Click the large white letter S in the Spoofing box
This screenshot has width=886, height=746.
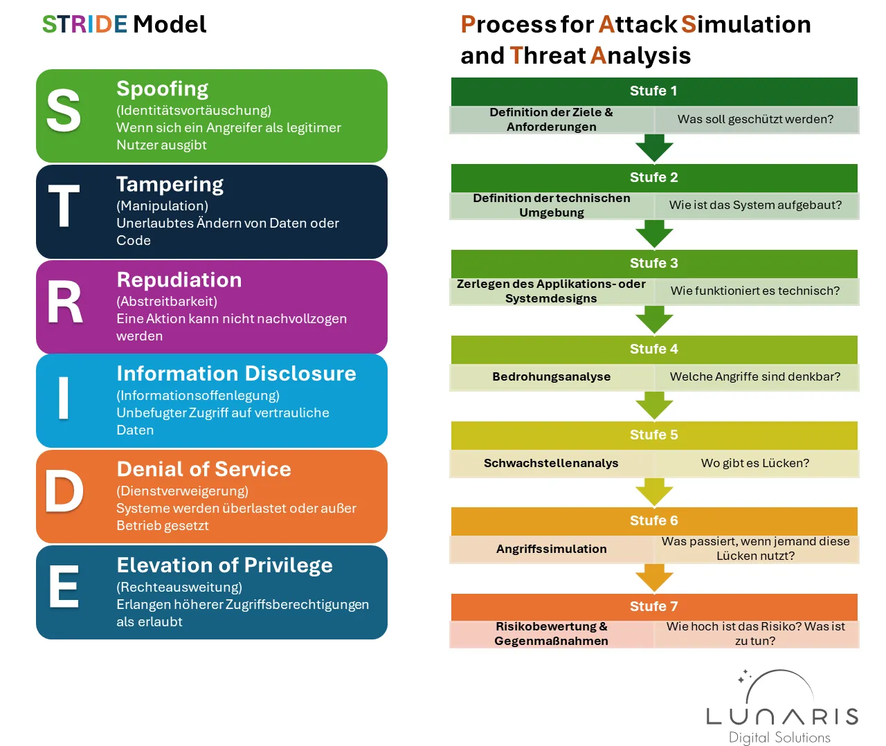64,111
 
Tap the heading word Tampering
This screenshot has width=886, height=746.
170,184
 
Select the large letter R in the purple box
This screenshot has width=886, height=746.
64,303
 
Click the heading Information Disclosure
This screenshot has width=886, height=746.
236,374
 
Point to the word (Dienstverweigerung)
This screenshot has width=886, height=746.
182,491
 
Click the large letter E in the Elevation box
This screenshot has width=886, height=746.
64,588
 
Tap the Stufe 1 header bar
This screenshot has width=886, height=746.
653,91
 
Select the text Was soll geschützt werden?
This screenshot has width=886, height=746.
755,119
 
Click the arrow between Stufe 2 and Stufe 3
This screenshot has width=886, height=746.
654,234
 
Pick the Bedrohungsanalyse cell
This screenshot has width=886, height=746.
551,376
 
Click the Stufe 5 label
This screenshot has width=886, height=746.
653,435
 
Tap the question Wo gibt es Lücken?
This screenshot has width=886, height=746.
754,463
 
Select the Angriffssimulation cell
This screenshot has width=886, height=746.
551,549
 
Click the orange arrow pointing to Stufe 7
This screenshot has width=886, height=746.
654,577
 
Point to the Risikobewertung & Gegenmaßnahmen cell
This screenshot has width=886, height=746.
551,633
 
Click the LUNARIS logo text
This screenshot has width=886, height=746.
782,716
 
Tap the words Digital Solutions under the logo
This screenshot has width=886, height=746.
779,738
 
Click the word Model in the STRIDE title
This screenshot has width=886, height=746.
170,24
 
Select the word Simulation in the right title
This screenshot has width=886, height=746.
746,24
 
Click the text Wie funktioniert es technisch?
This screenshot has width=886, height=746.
754,291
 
